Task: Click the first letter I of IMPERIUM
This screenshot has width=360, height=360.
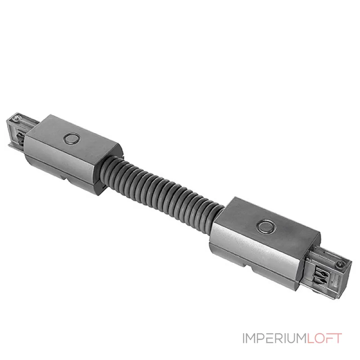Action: (x=244, y=338)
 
